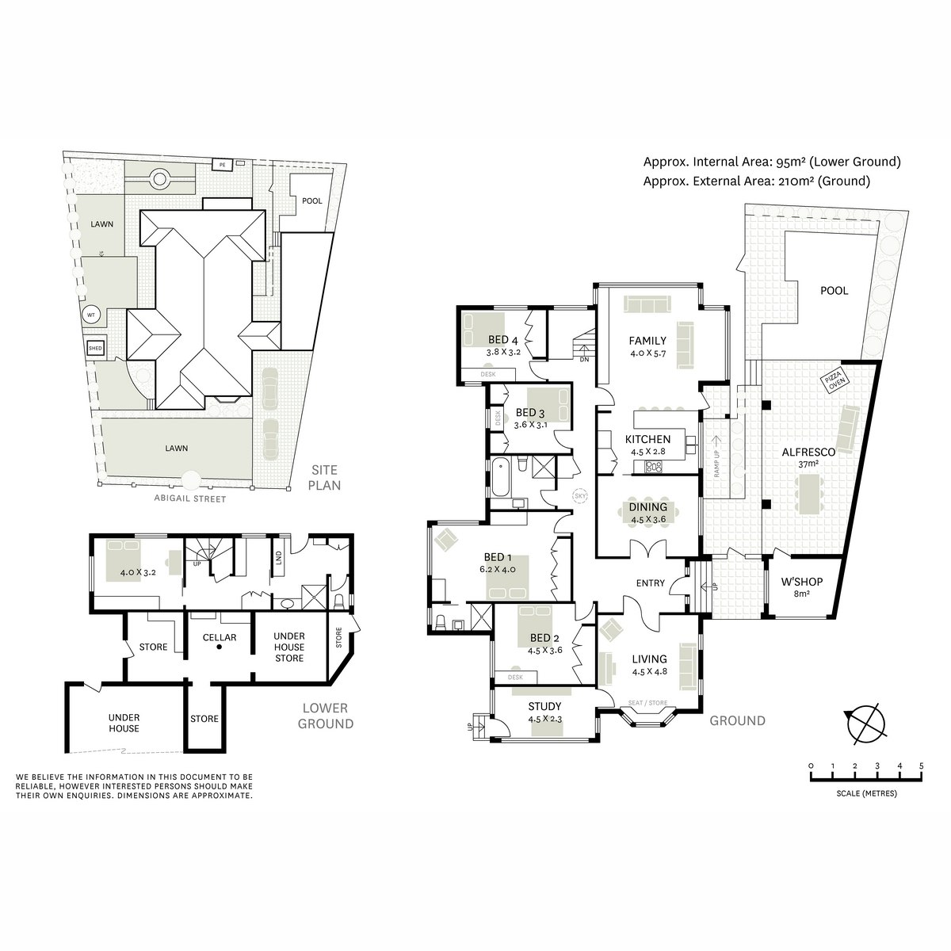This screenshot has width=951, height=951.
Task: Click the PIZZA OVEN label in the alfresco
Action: point(835,381)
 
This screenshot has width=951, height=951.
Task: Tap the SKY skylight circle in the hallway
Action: point(580,495)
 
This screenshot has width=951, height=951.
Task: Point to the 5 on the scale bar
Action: point(921,766)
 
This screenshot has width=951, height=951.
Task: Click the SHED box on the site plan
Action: point(95,349)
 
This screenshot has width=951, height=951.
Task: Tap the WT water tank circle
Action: point(91,315)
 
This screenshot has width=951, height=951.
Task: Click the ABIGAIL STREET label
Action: point(190,499)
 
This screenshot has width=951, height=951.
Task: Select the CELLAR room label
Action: point(220,638)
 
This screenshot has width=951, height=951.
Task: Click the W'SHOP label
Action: point(802,582)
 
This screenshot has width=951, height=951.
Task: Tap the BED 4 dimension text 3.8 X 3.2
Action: point(503,353)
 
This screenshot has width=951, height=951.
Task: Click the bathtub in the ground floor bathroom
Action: point(502,477)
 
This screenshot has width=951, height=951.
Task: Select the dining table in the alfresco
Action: point(808,494)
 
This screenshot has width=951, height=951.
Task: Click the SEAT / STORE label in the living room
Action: point(648,703)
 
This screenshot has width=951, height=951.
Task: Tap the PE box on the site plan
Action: point(223,166)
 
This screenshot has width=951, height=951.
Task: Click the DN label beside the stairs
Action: point(584,359)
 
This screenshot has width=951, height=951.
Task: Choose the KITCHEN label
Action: point(648,439)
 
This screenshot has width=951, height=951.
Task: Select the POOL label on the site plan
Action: point(312,201)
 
